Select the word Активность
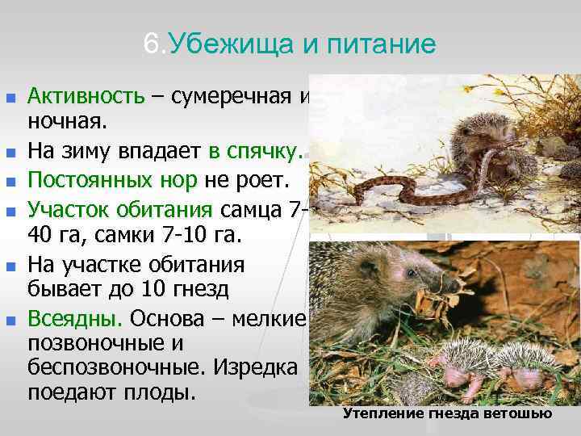click(x=86, y=97)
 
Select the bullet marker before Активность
click(x=10, y=98)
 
